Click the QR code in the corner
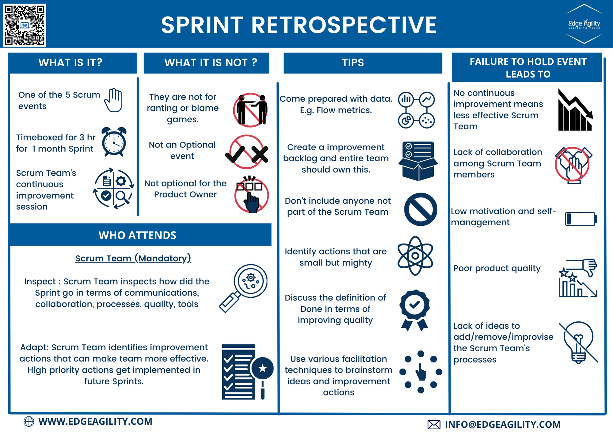(25, 25)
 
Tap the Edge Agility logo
(584, 24)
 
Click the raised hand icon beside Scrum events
(113, 100)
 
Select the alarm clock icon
(114, 142)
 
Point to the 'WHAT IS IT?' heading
(70, 63)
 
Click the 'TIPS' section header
(353, 63)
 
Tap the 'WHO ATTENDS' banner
(137, 235)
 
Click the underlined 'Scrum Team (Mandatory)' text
(133, 258)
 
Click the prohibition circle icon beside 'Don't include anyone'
(421, 209)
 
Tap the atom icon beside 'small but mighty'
(415, 256)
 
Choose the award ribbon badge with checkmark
(414, 310)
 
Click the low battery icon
(581, 219)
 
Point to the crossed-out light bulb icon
(578, 342)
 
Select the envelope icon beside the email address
(434, 425)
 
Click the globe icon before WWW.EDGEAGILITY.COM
(29, 422)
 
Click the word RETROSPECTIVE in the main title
(344, 25)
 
